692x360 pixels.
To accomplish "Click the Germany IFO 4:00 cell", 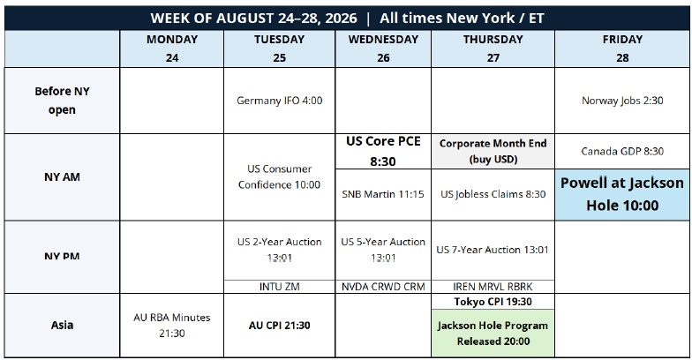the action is coord(279,101).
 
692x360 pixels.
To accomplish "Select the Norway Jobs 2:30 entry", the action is coord(622,101).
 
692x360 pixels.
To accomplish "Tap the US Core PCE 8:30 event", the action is coord(383,152).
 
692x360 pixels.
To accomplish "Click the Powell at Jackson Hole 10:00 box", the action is coord(622,194).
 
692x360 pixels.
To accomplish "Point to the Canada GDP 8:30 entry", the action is coord(622,152).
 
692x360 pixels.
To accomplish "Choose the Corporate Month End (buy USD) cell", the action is coord(493,152).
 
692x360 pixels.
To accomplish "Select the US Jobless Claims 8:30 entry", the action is coord(493,194).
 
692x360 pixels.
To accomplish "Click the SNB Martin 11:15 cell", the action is coord(383,194).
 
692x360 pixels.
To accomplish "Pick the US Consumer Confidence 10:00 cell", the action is coord(279,176).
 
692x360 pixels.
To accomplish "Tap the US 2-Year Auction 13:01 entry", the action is coord(279,251).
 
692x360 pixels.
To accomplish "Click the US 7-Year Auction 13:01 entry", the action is coord(493,251).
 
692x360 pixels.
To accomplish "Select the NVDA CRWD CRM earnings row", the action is coord(383,287).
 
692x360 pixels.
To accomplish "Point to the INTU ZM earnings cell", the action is coord(279,287).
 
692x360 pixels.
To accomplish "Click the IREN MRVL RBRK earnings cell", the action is coord(493,287).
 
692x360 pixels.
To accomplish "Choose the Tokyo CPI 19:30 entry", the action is coord(493,302).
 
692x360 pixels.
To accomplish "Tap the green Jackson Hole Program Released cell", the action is coord(493,334).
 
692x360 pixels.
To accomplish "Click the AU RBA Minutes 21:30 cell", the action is coord(171,325).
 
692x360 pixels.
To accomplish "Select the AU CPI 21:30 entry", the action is coord(279,325).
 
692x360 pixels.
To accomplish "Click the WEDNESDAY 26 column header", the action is coord(383,49).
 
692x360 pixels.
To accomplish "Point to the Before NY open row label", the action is coord(62,101).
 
